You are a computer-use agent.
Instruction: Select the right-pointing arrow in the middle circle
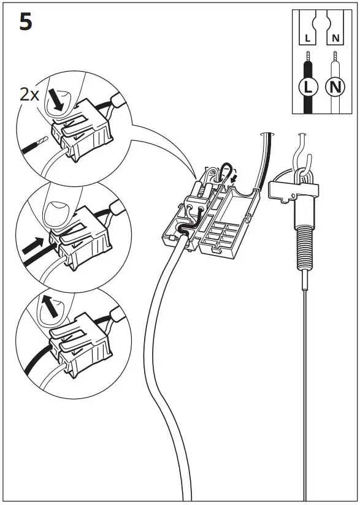(x=31, y=246)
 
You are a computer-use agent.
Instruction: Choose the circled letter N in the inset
(x=334, y=86)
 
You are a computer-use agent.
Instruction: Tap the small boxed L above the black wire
(x=308, y=39)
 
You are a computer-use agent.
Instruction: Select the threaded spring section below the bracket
(x=304, y=245)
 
